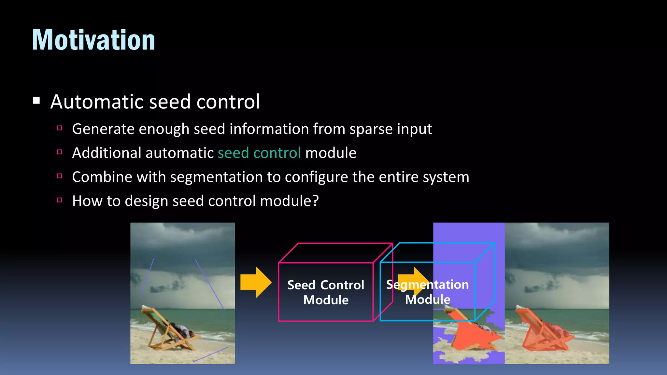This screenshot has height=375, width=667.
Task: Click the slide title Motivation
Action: coord(93,40)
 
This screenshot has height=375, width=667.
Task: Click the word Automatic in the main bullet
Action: coord(97,102)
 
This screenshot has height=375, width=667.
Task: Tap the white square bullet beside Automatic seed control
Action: coord(36,101)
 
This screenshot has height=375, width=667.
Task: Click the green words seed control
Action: coord(259,153)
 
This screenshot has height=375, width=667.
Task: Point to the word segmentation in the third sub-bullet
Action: coord(216,177)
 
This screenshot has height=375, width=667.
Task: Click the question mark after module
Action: coord(315,201)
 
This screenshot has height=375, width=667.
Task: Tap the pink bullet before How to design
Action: coord(59,200)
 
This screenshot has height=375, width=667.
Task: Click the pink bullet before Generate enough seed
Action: coord(59,128)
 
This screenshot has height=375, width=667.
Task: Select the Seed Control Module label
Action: coord(326,292)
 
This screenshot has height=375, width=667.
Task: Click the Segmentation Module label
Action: coord(427,292)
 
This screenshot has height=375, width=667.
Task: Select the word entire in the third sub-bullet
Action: coord(398,177)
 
